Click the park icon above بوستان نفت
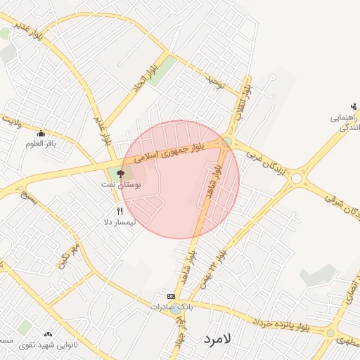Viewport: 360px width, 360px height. (x=120, y=173)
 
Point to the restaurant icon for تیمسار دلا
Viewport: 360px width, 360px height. (x=120, y=211)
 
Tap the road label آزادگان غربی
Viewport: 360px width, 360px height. (x=271, y=163)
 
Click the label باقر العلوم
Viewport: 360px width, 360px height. (x=41, y=144)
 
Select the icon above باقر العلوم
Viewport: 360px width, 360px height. (x=41, y=134)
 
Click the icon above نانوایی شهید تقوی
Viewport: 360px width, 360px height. (x=48, y=335)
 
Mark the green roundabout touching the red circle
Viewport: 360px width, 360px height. (x=226, y=142)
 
